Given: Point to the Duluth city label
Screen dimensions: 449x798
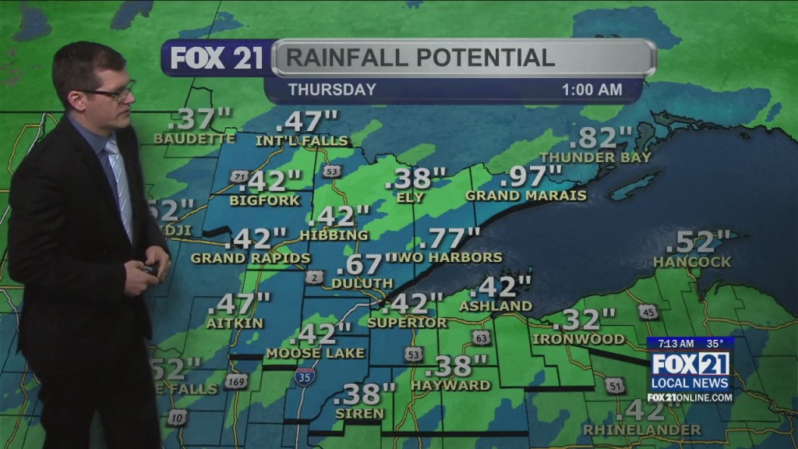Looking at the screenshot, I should point(362,283).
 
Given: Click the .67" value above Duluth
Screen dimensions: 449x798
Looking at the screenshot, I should point(365,264).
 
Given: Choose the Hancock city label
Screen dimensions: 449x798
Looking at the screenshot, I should point(692,262).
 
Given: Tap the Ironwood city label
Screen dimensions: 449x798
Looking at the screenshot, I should point(578,339).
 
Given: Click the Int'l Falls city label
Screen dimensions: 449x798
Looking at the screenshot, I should point(303,140).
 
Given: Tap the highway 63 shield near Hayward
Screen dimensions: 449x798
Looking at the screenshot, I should point(480,338).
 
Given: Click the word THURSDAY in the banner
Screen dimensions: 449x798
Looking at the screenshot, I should point(332,90).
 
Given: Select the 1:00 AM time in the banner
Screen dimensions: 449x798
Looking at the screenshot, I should point(591,90).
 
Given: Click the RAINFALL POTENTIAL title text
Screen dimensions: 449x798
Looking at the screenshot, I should point(420,58).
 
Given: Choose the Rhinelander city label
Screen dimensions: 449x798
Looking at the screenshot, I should point(641,430).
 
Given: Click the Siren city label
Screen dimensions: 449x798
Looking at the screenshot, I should point(358,412).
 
